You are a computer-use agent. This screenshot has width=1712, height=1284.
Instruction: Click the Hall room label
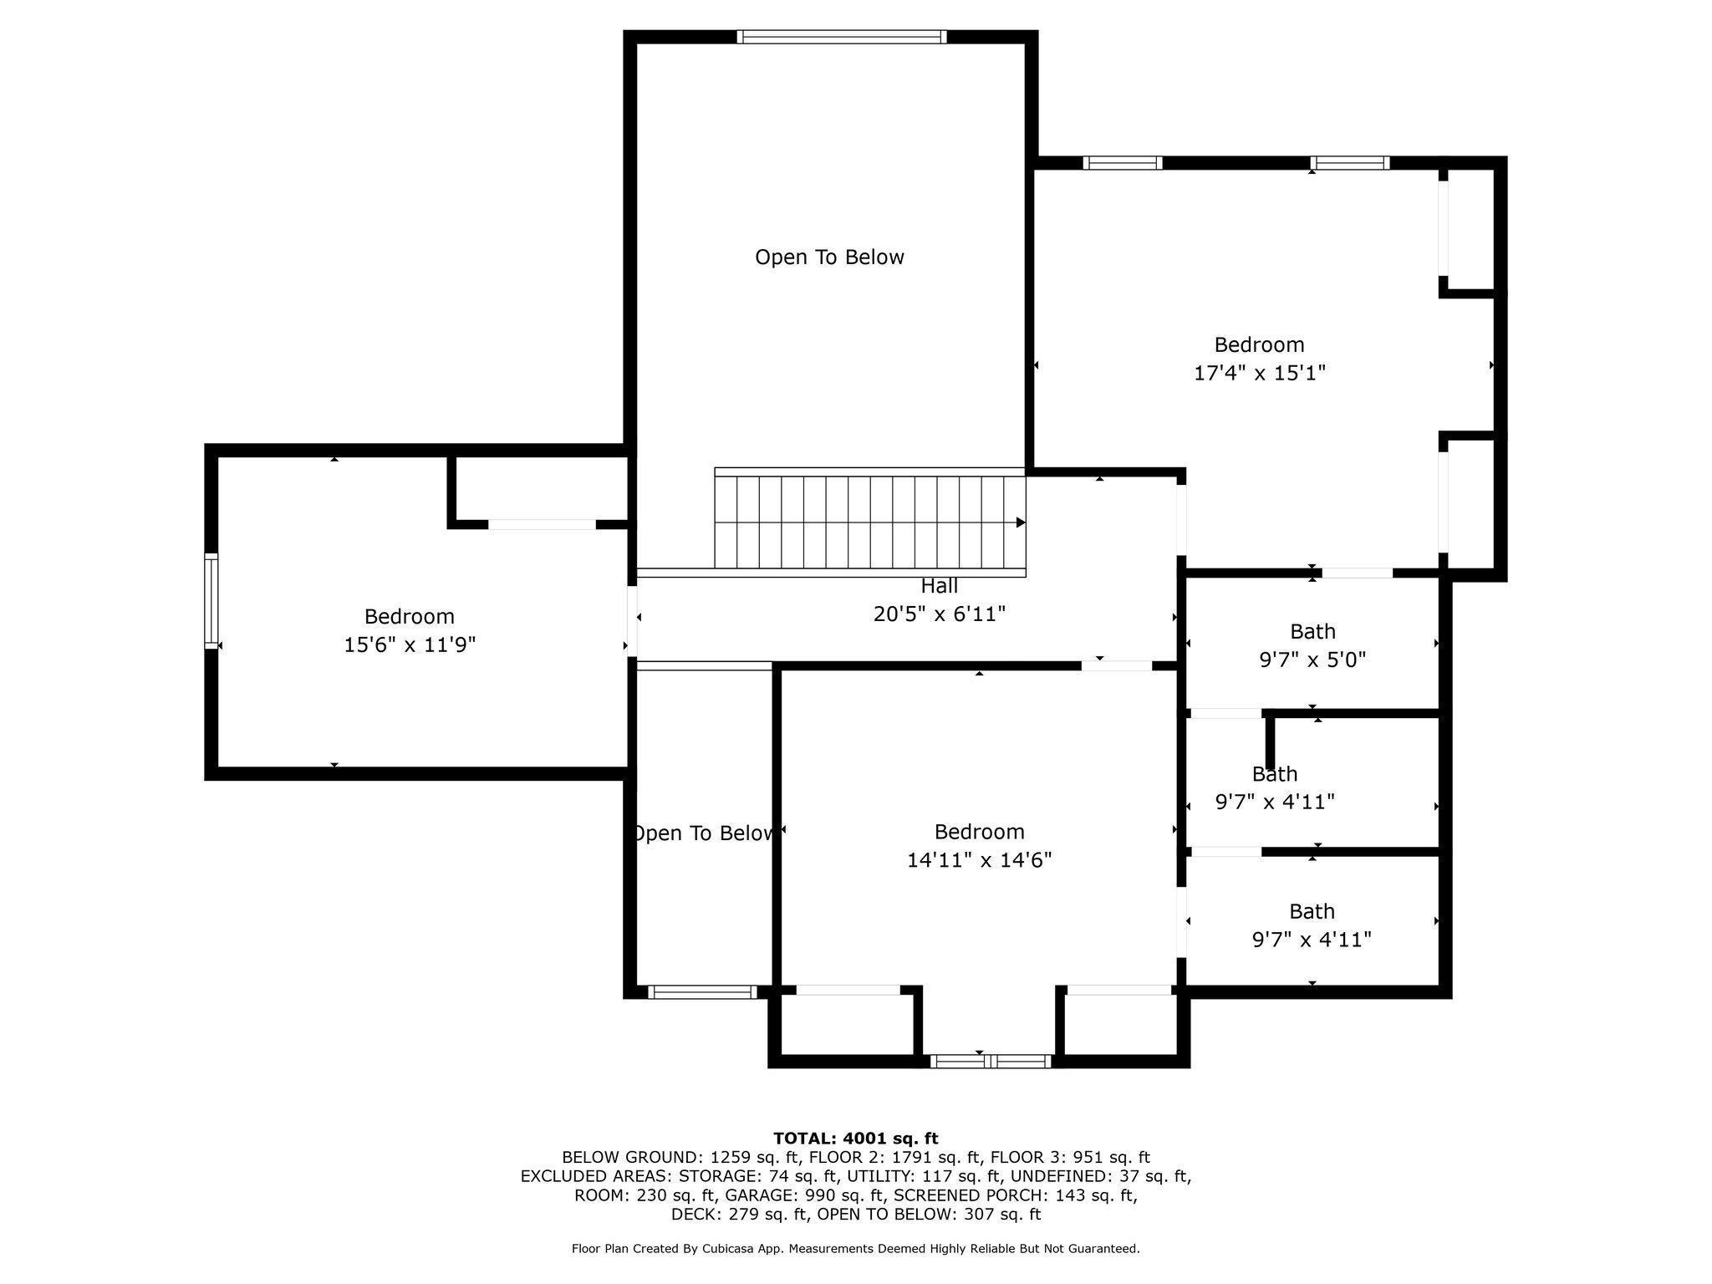pos(939,586)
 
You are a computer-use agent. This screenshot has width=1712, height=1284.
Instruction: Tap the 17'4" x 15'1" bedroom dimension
pos(1260,373)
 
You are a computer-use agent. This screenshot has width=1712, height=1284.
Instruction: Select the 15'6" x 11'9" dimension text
pos(410,645)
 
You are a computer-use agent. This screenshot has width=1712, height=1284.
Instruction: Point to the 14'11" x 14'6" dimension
pos(979,860)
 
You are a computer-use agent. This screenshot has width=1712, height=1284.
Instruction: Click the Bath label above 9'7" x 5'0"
pos(1312,631)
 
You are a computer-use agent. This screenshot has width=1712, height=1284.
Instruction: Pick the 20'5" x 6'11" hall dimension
pos(939,614)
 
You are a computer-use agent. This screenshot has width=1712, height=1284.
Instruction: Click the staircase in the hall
pos(869,521)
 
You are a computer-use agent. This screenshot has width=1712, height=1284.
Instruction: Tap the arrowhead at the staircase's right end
pos(1022,522)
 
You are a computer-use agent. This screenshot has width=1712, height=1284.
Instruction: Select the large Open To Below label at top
pos(829,257)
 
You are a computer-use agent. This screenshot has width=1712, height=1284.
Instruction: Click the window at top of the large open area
pos(842,37)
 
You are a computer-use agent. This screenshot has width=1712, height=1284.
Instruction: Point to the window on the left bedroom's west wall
pos(211,601)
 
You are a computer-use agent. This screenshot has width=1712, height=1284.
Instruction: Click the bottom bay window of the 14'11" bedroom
pos(991,1062)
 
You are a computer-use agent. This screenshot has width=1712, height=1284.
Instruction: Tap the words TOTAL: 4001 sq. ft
pos(856,1138)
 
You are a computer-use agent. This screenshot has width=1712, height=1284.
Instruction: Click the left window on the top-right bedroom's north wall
pos(1123,163)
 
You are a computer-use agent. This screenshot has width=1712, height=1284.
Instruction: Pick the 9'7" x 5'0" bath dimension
pos(1312,660)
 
